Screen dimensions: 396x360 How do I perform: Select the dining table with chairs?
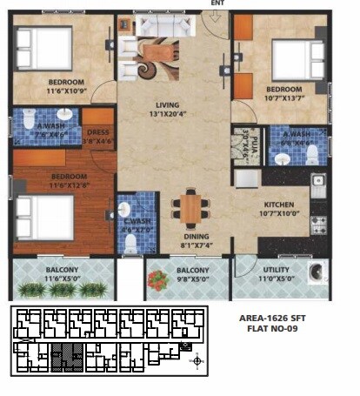189,207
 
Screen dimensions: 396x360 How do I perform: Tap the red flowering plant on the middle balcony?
158,280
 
